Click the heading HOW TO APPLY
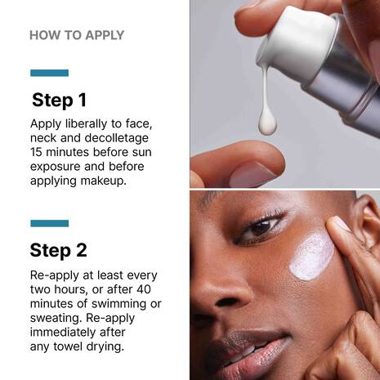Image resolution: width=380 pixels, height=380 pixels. [77, 35]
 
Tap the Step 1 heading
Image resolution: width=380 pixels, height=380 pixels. [59, 101]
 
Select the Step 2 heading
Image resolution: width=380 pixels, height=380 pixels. [59, 251]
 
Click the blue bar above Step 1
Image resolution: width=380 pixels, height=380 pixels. [49, 73]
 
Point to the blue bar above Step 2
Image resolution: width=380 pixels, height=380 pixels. [49, 223]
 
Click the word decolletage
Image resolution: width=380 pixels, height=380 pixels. [117, 138]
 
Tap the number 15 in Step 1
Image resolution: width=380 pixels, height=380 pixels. [36, 152]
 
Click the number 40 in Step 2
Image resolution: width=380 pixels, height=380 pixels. [144, 289]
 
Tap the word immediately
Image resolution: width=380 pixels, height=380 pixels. [63, 333]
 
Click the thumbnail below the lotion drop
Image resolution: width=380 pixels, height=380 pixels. [252, 174]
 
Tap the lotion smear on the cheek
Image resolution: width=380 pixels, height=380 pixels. [312, 257]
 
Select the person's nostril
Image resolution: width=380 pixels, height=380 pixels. [227, 302]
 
